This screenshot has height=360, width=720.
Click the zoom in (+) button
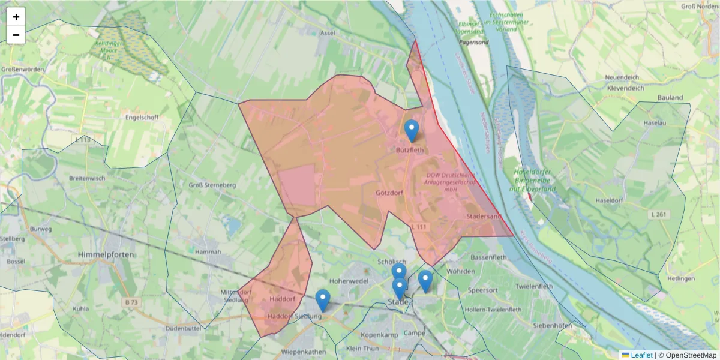[x=16, y=17]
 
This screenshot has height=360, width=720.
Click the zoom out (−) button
[x=16, y=35]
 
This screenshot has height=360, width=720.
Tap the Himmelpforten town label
[x=106, y=255]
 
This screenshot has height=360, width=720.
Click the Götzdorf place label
[x=389, y=193]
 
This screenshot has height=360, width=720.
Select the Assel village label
[x=328, y=34]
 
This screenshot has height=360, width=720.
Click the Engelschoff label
[x=142, y=118]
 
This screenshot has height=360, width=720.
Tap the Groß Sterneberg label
[x=212, y=185]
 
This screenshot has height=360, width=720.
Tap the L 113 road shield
[x=83, y=140]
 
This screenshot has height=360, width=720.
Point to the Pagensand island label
[x=473, y=43]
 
